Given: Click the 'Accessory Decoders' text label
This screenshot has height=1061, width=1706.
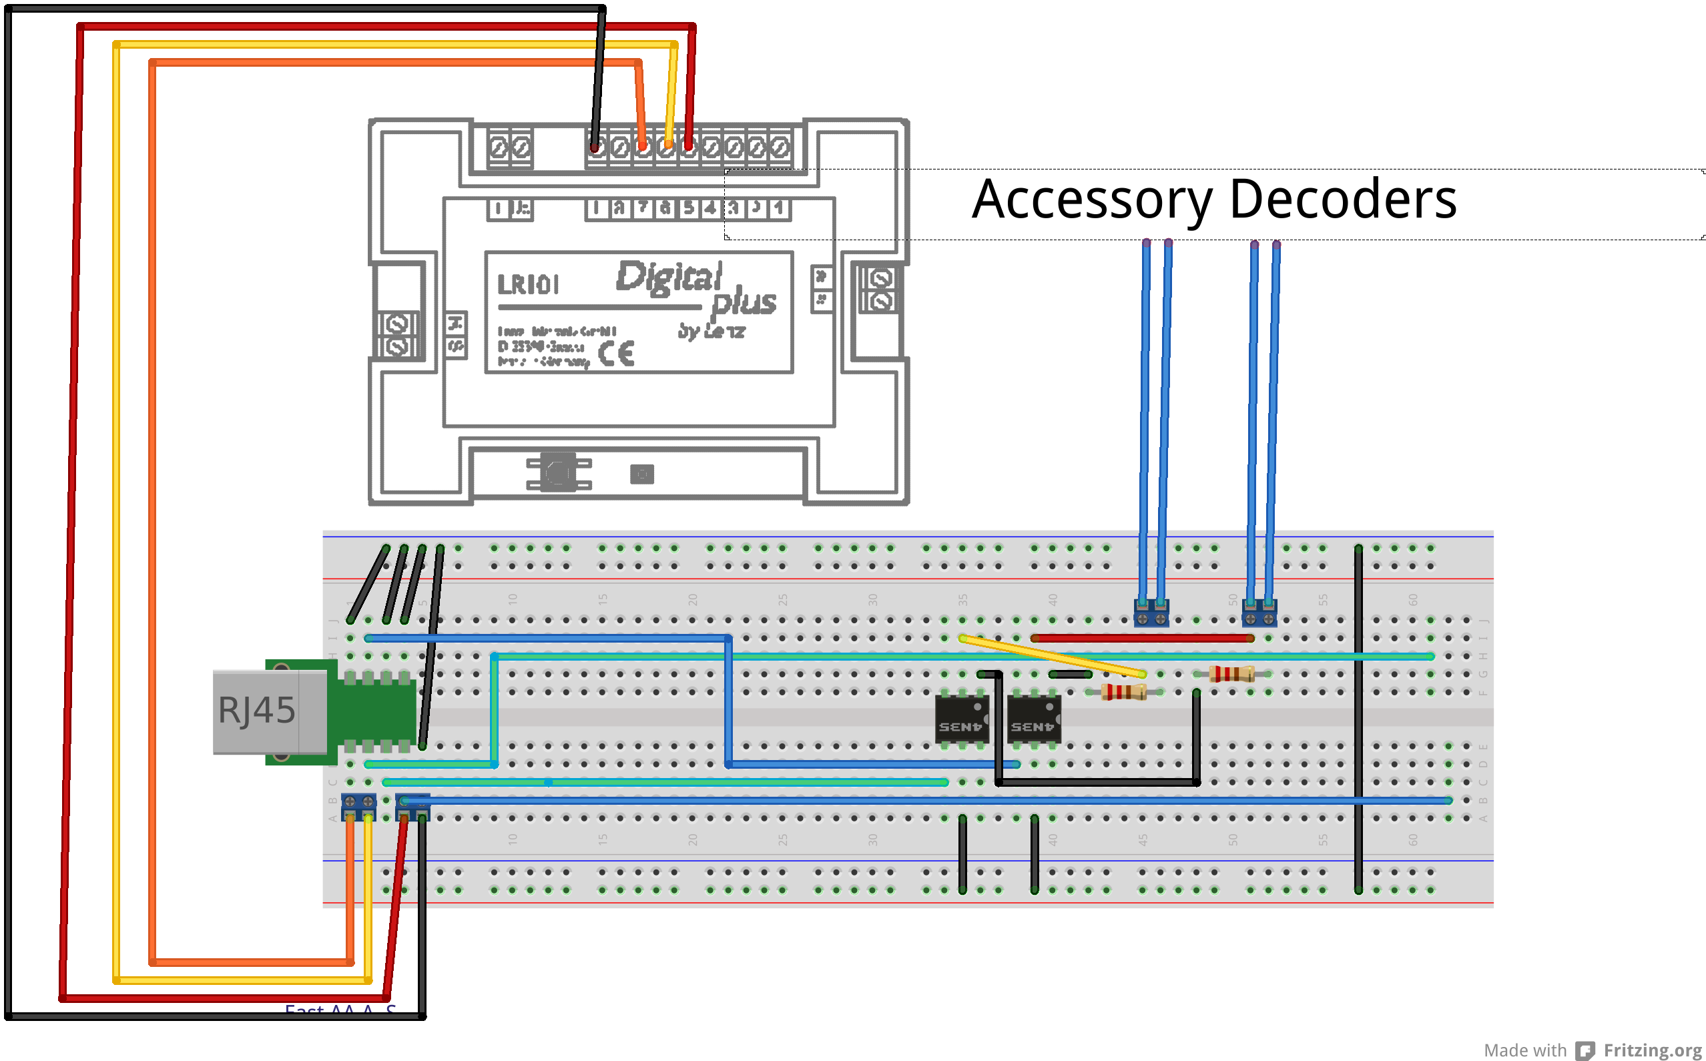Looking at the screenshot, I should pos(1213,200).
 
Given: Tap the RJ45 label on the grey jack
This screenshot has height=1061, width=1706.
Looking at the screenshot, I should pos(256,710).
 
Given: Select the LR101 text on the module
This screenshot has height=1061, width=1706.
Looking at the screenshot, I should pos(528,285).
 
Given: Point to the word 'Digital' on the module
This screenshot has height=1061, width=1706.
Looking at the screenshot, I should pos(668,276).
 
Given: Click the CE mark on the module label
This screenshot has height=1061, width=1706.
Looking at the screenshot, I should pos(616,354).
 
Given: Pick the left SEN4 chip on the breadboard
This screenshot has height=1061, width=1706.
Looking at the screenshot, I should pos(961,719).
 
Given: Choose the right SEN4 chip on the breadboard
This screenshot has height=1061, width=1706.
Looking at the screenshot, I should pos(1033,719).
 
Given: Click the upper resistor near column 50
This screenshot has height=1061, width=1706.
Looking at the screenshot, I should pos(1231,675).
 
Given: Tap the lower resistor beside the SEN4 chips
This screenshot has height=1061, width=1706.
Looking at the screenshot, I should pos(1123,693).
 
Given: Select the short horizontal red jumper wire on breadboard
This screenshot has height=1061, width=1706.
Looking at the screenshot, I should pos(1142,639).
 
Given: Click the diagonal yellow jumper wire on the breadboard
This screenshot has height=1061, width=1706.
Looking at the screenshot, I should pos(1053,656).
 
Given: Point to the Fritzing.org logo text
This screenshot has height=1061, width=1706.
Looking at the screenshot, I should pos(1652,1050).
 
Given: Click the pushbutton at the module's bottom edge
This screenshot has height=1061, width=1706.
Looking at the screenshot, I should pos(559,473).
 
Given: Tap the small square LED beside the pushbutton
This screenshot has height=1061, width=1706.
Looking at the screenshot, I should pos(641,474).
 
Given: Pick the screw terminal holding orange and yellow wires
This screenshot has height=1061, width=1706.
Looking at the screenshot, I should pos(358,807).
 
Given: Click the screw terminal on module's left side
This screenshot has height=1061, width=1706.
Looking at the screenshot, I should pos(398,336).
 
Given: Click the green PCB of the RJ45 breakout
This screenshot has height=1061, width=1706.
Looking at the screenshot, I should pos(376,713).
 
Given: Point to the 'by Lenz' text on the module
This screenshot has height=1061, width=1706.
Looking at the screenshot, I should pos(710,331).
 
